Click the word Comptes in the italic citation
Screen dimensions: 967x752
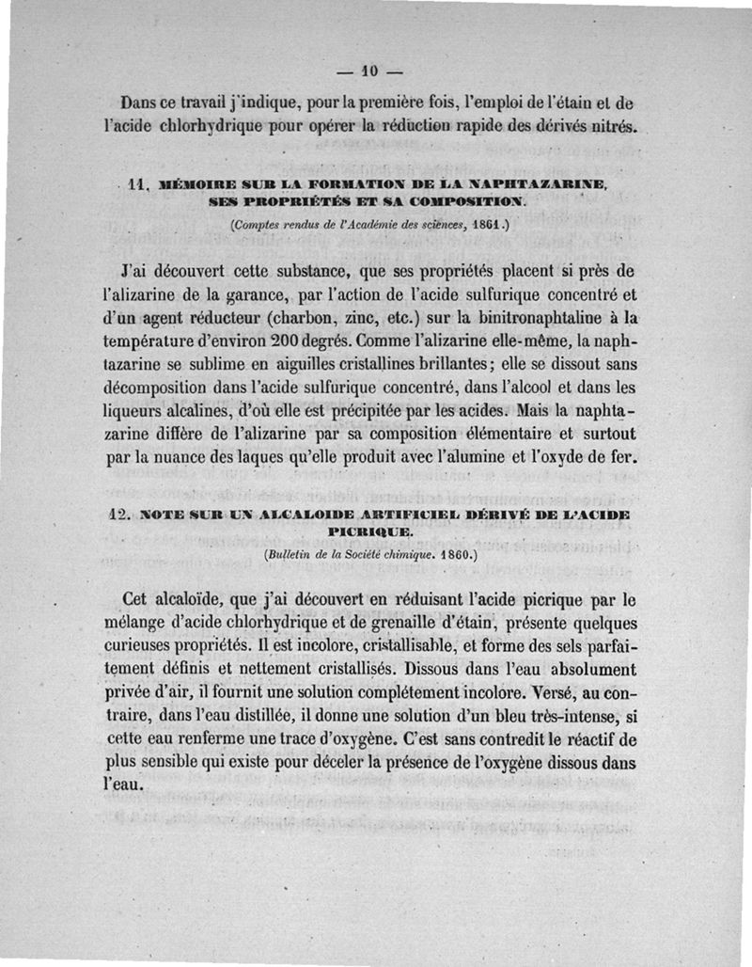pyautogui.click(x=257, y=226)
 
